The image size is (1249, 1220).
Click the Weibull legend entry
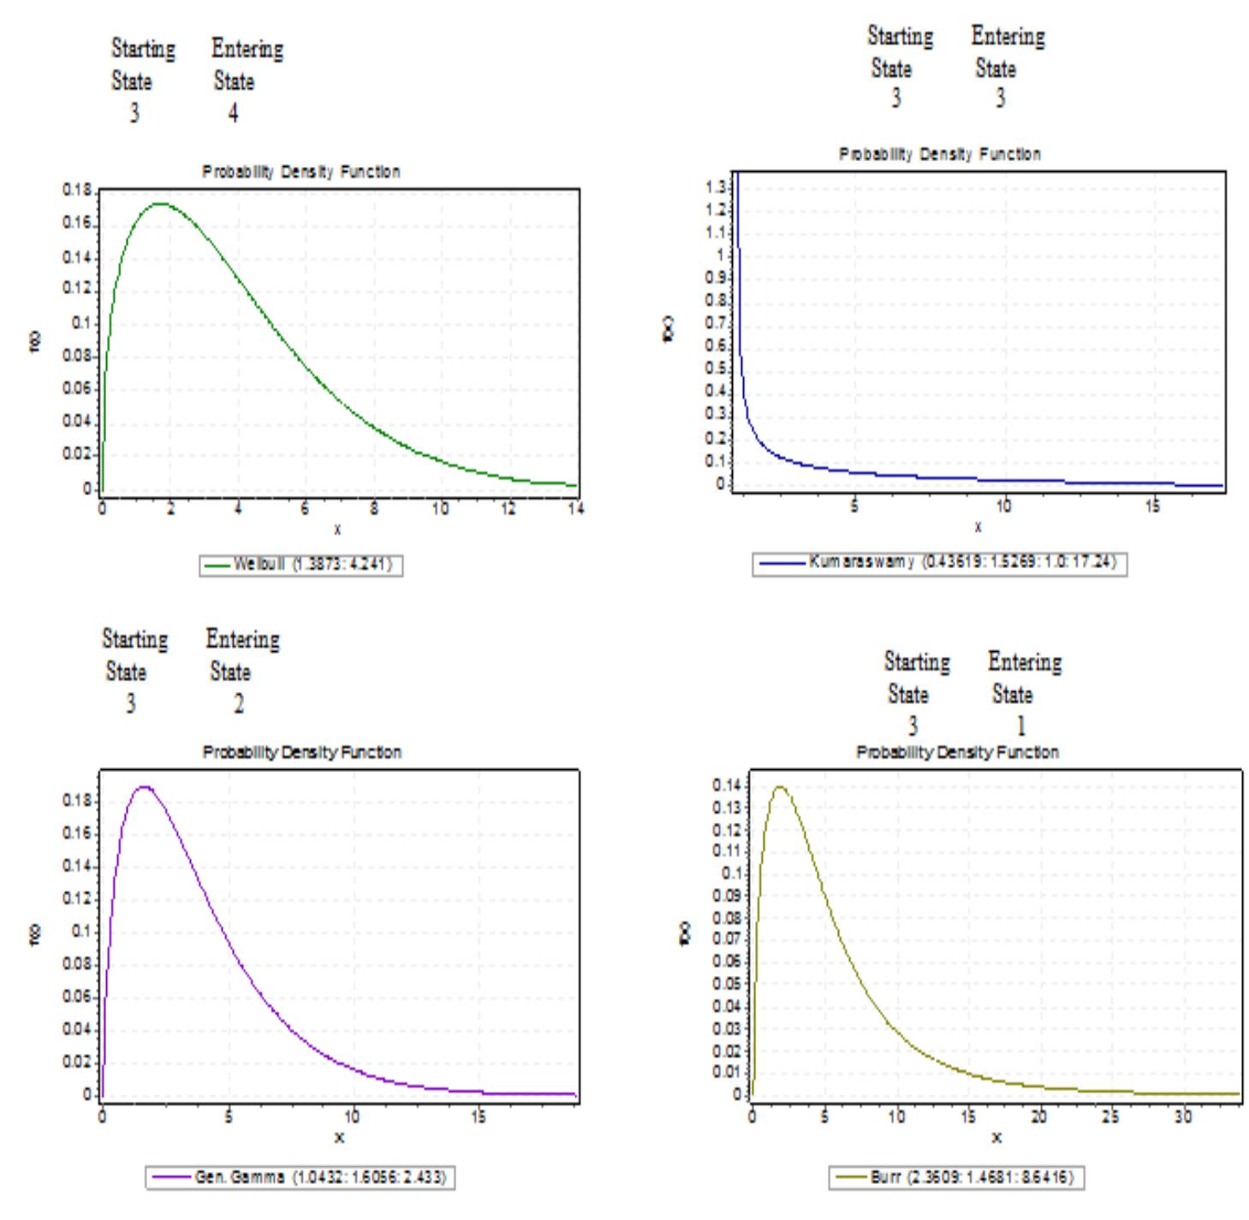tap(301, 566)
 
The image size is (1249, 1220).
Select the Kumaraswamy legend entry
tap(939, 564)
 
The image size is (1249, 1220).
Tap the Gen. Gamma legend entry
tap(300, 1178)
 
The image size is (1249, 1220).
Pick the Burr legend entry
tap(956, 1178)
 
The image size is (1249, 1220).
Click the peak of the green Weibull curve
tap(159, 204)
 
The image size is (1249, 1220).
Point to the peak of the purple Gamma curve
tap(145, 786)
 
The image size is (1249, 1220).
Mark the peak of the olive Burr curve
tap(779, 787)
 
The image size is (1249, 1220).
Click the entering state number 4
tap(233, 113)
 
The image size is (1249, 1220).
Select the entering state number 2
tap(239, 704)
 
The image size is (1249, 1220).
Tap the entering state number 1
tap(1020, 725)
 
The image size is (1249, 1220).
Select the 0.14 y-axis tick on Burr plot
tap(730, 785)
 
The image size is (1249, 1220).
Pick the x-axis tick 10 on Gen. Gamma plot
tap(353, 1116)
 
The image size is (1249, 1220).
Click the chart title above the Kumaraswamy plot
tap(939, 155)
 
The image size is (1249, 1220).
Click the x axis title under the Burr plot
tap(996, 1137)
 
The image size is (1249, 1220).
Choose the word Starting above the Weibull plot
tap(143, 49)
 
